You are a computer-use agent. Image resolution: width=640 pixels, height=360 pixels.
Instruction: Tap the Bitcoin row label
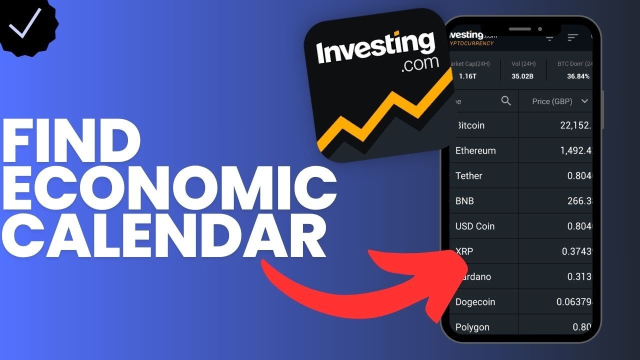pyautogui.click(x=470, y=125)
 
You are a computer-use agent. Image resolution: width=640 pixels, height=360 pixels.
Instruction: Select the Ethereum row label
pyautogui.click(x=475, y=150)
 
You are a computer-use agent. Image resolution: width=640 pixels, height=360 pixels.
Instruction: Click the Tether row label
pyautogui.click(x=469, y=176)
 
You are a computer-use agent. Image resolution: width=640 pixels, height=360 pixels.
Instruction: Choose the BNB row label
pyautogui.click(x=464, y=201)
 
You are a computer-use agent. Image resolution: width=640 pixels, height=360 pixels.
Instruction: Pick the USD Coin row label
pyautogui.click(x=475, y=226)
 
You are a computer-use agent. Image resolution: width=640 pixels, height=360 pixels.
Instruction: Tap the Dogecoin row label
pyautogui.click(x=475, y=302)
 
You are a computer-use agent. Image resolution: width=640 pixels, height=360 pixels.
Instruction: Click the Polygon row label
pyautogui.click(x=472, y=327)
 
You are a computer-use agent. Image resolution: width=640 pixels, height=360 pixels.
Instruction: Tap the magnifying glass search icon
pyautogui.click(x=506, y=101)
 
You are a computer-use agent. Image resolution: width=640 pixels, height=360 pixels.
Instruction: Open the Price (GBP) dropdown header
pyautogui.click(x=559, y=101)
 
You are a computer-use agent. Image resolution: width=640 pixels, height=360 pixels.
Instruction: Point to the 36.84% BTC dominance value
pyautogui.click(x=578, y=76)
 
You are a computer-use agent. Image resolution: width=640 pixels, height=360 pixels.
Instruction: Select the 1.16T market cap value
pyautogui.click(x=468, y=76)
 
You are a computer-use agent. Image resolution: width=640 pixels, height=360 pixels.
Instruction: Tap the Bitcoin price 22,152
pyautogui.click(x=575, y=125)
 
